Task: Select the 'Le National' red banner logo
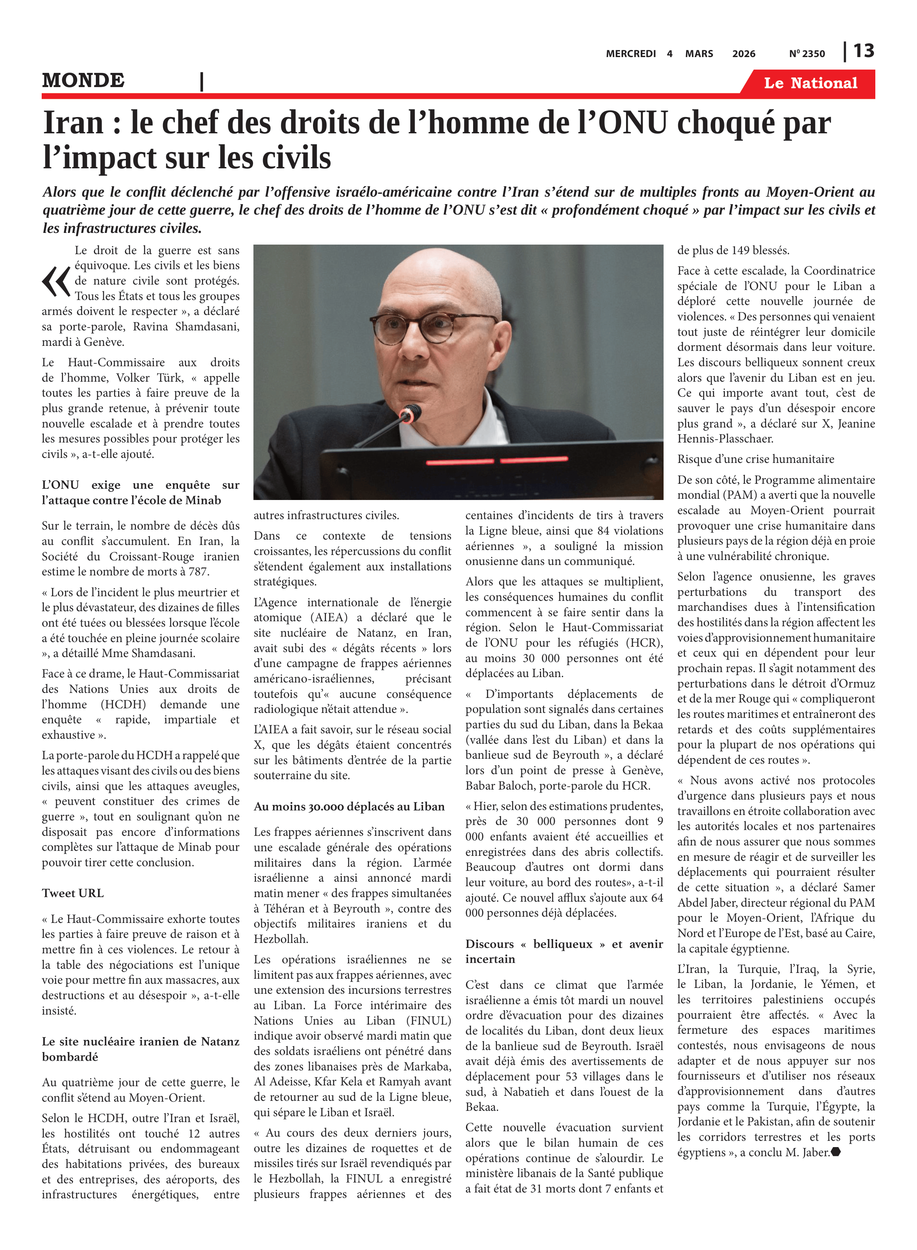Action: coord(810,83)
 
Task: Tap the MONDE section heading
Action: coord(83,80)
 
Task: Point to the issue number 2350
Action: coord(813,54)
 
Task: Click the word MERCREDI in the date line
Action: coord(631,54)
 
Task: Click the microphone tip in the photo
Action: coord(411,413)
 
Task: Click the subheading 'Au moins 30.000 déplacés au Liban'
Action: coord(349,807)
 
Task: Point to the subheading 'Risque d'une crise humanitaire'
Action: coord(755,459)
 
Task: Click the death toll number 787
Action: coord(198,572)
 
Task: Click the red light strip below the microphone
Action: coord(497,460)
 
